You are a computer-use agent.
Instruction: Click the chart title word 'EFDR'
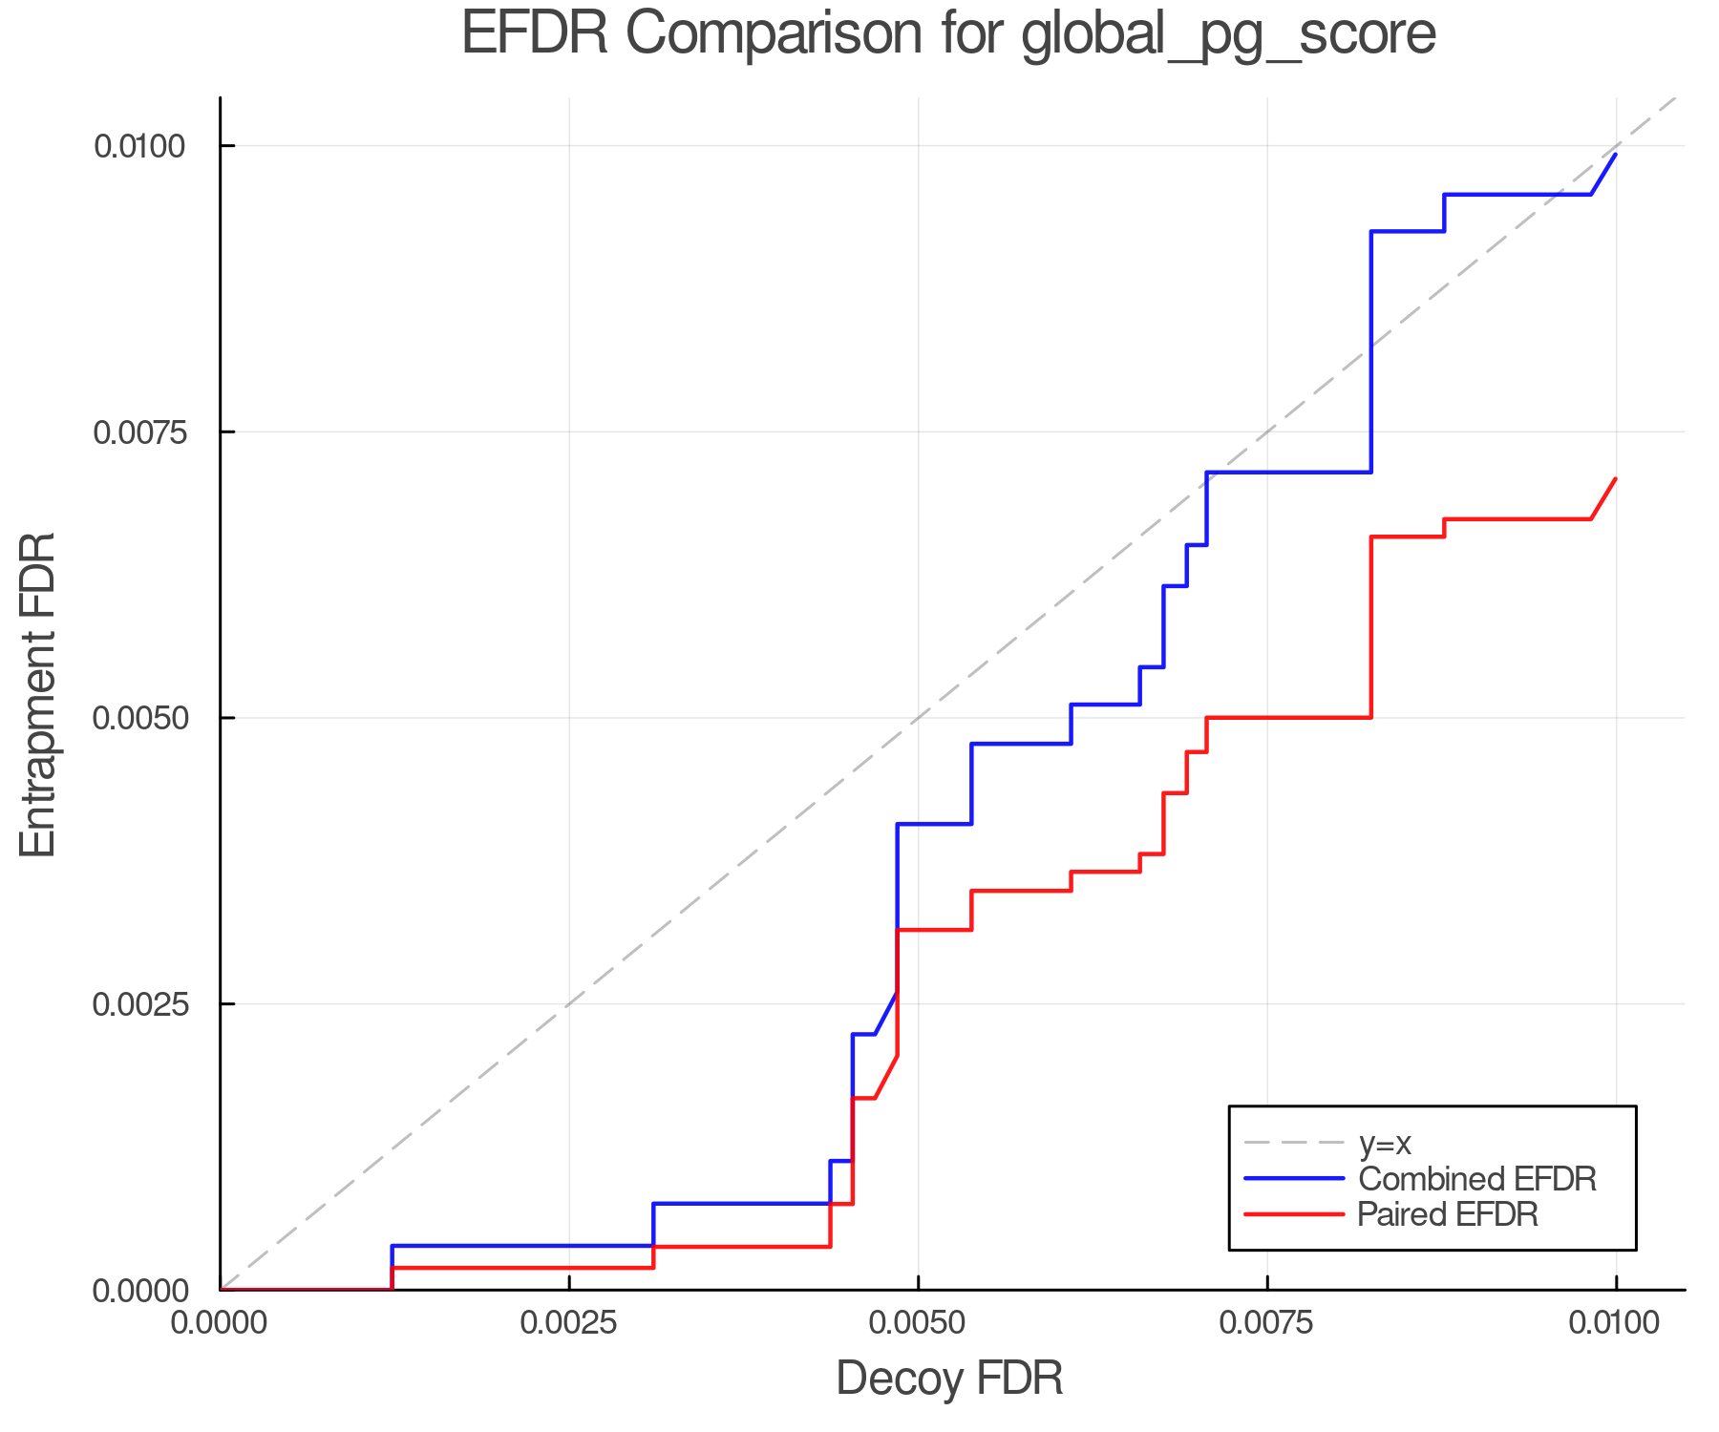pos(534,34)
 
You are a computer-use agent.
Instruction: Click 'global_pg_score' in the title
pos(1228,36)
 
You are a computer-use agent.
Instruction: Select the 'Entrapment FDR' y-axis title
pos(38,694)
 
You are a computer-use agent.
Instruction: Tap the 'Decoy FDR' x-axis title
pos(949,1379)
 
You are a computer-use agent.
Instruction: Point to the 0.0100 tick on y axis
pos(138,147)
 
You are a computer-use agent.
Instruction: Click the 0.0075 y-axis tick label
pos(138,432)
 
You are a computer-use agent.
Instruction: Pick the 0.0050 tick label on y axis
pos(138,718)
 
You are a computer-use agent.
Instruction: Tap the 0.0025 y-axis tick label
pos(138,1004)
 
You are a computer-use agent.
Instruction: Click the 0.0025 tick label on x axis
pos(569,1323)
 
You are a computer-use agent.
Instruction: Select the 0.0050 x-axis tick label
pos(918,1323)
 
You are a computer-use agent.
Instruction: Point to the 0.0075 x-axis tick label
pos(1267,1323)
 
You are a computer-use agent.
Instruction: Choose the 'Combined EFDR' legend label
pos(1476,1179)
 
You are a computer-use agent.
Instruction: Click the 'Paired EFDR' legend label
pos(1448,1214)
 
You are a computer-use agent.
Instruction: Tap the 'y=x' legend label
pos(1385,1143)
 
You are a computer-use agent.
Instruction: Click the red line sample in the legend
pos(1294,1214)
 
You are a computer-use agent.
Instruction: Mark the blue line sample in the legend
pos(1294,1179)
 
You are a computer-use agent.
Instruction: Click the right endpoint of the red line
pos(1616,478)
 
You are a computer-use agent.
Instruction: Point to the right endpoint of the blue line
pos(1616,154)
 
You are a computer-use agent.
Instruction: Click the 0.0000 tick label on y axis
pos(138,1291)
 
